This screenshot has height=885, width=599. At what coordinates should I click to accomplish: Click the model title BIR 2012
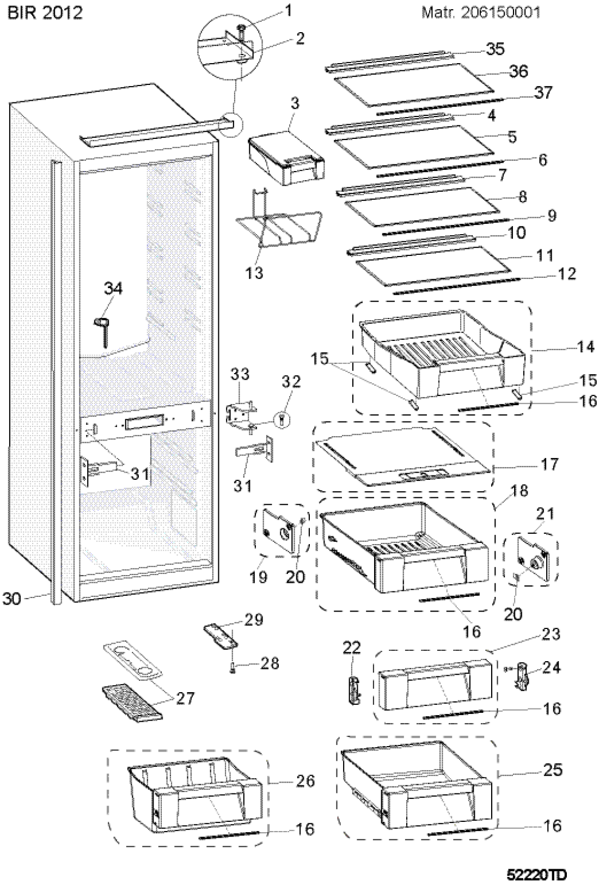[x=45, y=13]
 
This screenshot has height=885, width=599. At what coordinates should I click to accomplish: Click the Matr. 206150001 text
[x=481, y=13]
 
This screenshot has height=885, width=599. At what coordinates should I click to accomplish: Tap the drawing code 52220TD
[x=536, y=872]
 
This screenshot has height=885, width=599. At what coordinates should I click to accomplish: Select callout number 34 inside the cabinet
[x=113, y=289]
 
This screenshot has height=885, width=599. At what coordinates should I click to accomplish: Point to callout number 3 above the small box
[x=295, y=103]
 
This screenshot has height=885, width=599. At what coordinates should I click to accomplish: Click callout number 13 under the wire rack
[x=254, y=272]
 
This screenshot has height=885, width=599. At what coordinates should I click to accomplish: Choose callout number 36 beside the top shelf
[x=518, y=71]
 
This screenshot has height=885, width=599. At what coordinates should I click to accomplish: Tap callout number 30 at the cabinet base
[x=11, y=600]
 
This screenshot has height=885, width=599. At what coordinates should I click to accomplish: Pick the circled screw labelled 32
[x=282, y=419]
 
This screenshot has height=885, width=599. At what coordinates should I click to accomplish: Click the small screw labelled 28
[x=233, y=668]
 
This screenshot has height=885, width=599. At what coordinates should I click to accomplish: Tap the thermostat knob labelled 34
[x=101, y=331]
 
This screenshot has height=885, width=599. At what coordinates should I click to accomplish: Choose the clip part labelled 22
[x=354, y=689]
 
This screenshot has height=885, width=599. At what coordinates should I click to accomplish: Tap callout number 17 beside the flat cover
[x=549, y=464]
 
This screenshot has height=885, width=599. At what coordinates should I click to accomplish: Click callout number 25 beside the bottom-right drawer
[x=552, y=770]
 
